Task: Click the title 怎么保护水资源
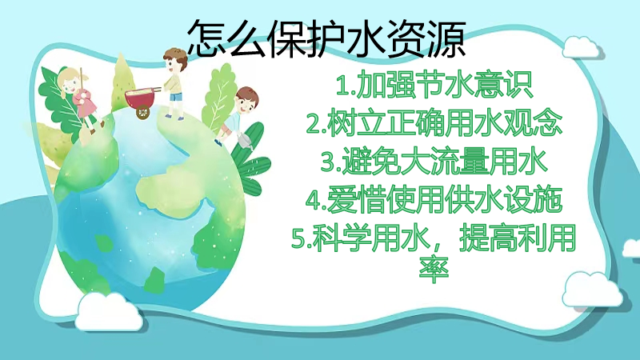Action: (326, 38)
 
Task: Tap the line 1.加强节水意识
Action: (434, 85)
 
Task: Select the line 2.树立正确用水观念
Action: (434, 122)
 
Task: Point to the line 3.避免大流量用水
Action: (434, 161)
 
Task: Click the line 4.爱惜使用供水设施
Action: (434, 199)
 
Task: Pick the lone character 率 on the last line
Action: (434, 270)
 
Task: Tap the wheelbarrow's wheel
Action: (142, 112)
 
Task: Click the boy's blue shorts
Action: (176, 98)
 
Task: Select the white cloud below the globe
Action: (109, 311)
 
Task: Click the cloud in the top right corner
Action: (582, 47)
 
